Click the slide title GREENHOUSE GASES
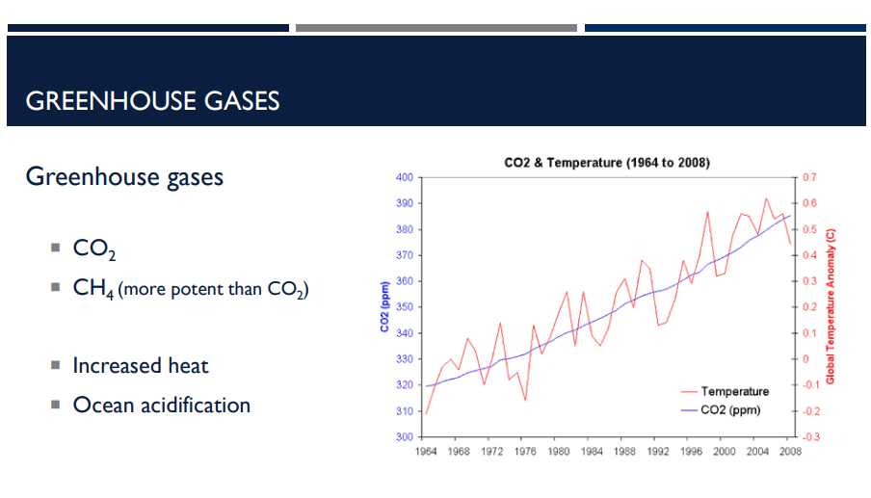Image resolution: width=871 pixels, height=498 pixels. pos(152,100)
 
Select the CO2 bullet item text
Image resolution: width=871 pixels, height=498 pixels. pos(95,249)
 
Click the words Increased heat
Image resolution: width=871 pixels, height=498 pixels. pos(141,366)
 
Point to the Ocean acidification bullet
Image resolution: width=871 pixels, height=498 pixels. pos(161,406)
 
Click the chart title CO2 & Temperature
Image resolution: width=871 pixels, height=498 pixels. pos(607,163)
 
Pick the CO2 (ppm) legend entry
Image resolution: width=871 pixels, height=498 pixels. pos(730,410)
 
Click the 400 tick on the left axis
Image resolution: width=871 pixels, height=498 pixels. pos(404,178)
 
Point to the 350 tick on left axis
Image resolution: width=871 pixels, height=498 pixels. pos(404,307)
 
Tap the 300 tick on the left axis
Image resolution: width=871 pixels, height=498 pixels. pos(404,437)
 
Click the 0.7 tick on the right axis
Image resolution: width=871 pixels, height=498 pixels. pos(808,178)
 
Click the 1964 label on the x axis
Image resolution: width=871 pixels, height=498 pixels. pos(427,451)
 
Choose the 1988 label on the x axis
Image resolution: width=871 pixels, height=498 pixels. pos(625,451)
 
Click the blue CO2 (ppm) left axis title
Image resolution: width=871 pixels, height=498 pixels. pos(383,307)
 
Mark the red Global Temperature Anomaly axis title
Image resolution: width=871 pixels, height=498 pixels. pos(830,306)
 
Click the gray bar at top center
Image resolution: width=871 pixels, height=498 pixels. pos(436,28)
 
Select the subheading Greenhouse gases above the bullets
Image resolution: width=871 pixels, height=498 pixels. pos(124,177)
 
